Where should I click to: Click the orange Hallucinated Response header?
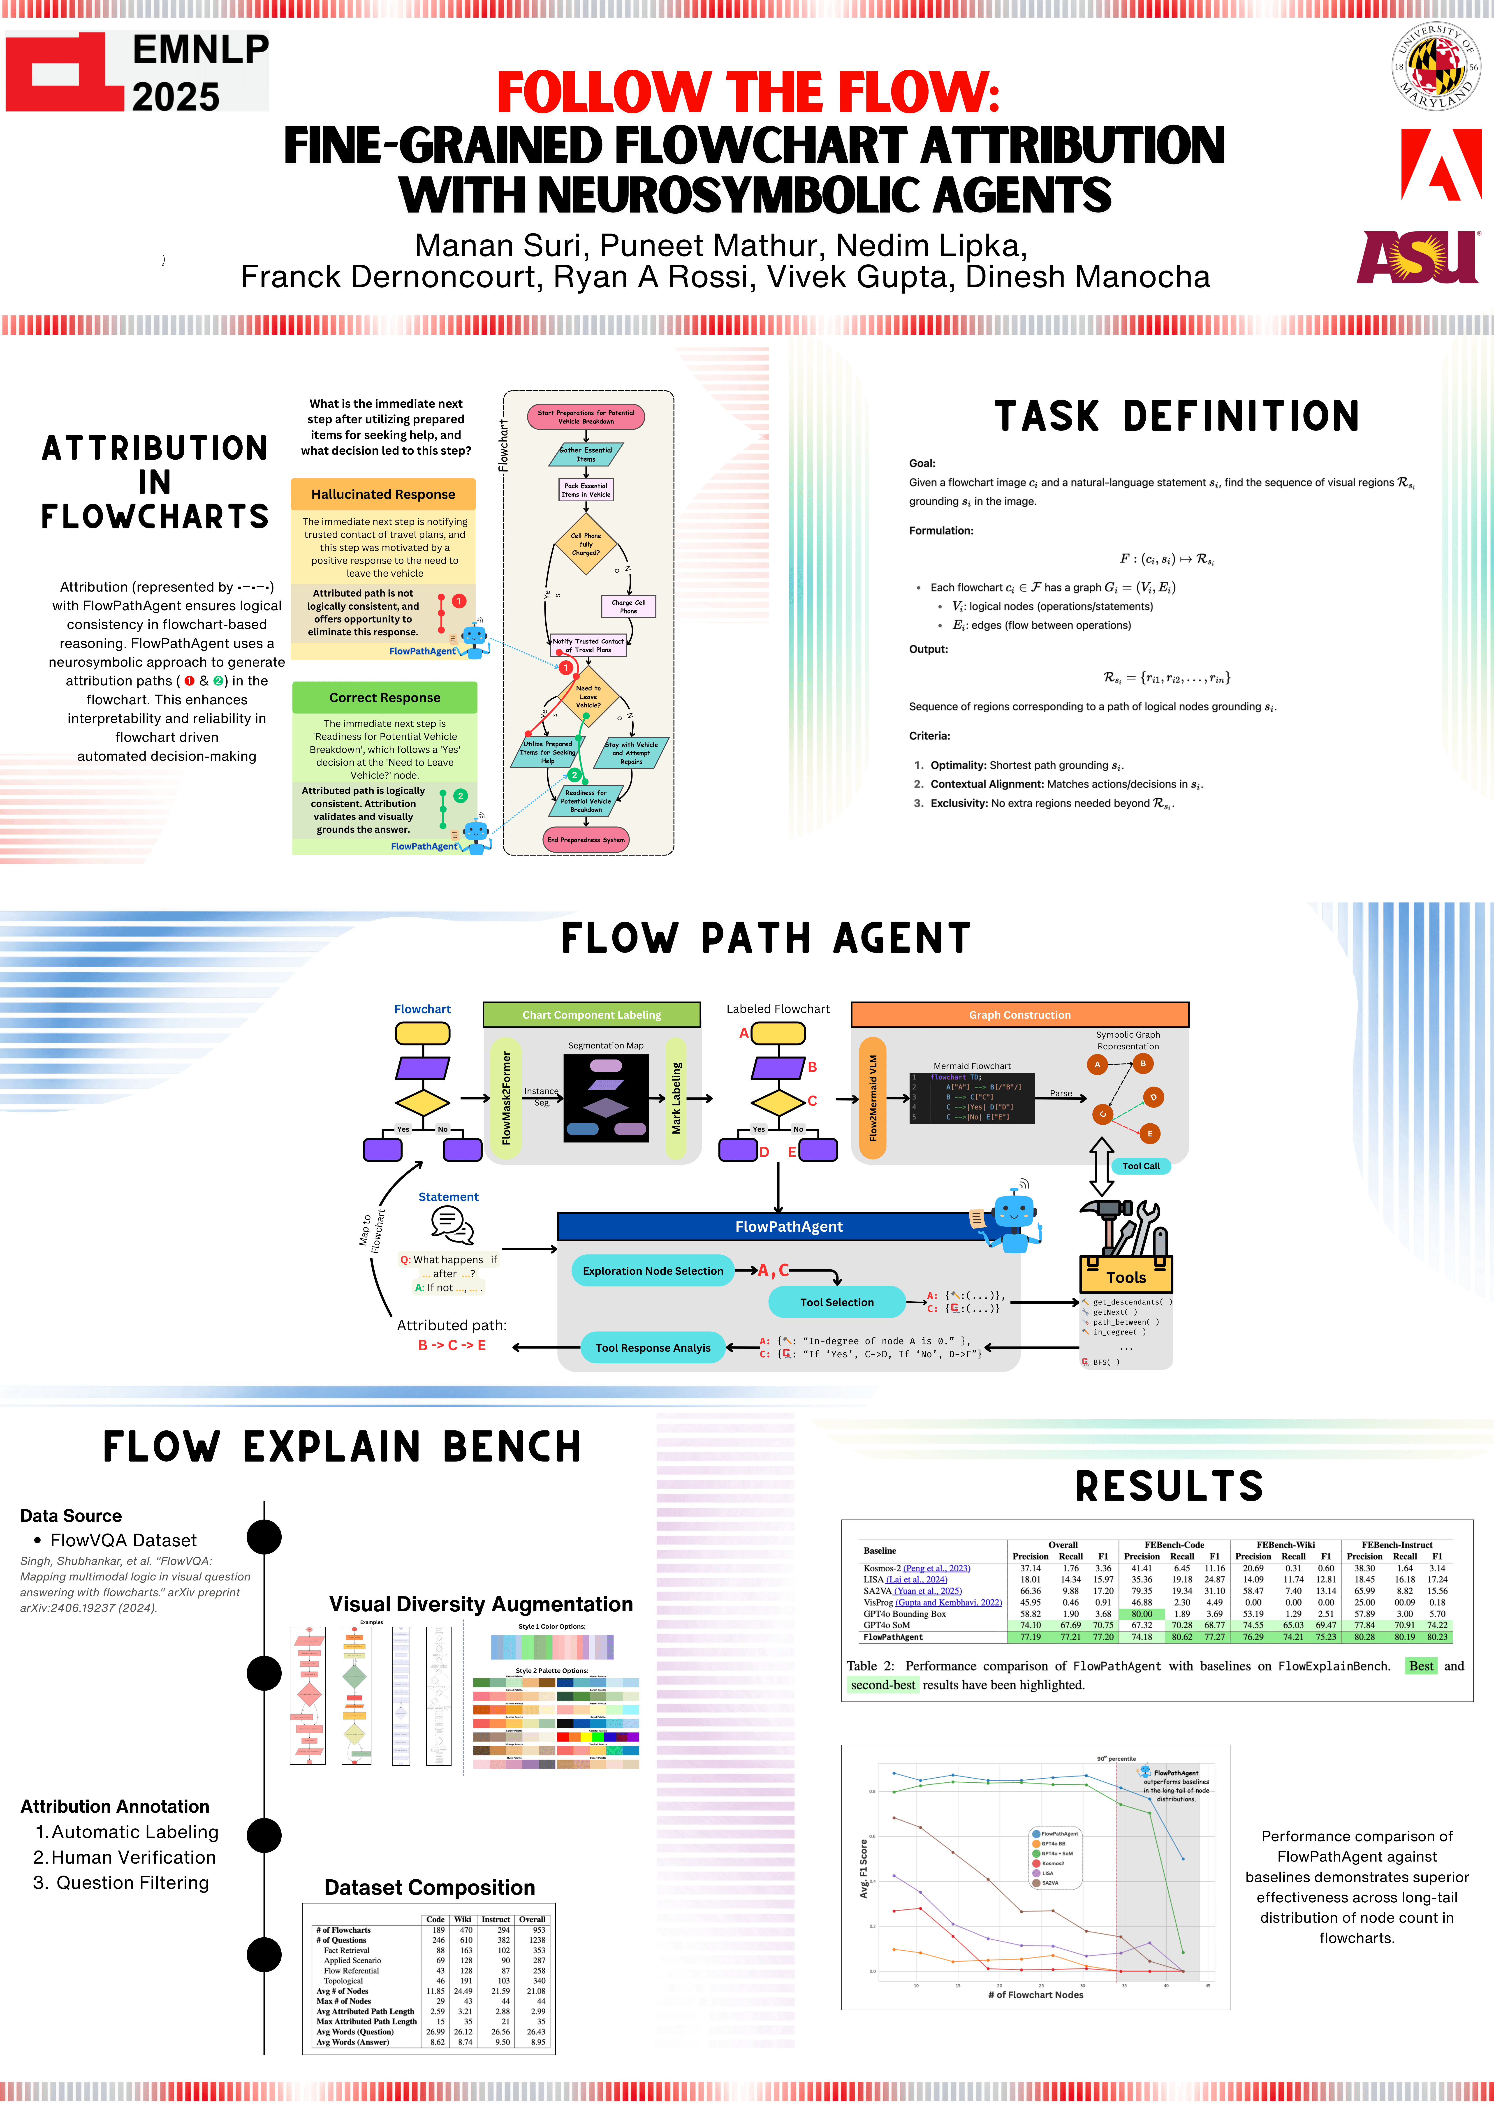(x=383, y=494)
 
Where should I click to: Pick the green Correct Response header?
(x=385, y=697)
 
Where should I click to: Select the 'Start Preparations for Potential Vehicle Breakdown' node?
(x=586, y=417)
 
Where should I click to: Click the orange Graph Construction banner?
(x=1019, y=1015)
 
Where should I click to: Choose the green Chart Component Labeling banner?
(x=591, y=1015)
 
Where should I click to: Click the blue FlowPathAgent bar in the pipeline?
(x=788, y=1226)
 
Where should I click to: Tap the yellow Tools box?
(x=1126, y=1277)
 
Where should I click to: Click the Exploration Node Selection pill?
(x=653, y=1270)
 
